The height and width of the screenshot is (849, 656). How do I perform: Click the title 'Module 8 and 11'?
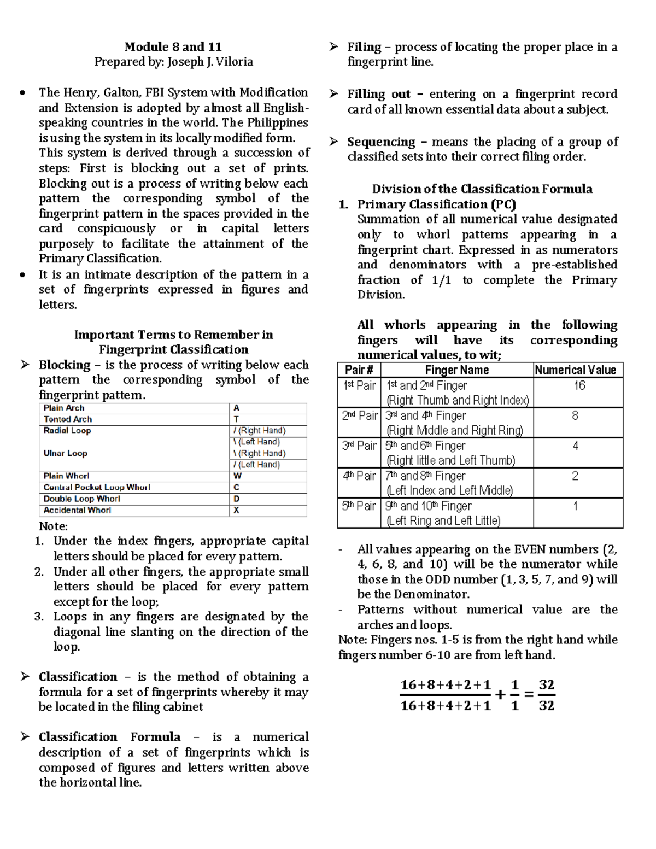click(x=173, y=46)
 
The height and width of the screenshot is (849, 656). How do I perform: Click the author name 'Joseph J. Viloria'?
click(x=210, y=62)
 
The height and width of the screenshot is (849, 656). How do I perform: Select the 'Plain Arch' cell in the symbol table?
click(x=64, y=408)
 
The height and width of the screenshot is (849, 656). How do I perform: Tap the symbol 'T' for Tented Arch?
click(x=236, y=419)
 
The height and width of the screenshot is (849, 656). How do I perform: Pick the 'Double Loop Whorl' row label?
click(x=81, y=499)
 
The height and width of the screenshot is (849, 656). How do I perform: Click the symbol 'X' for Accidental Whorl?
click(x=237, y=510)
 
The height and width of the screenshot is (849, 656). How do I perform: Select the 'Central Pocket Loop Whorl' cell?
click(x=97, y=487)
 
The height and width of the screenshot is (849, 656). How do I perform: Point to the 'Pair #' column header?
click(x=359, y=370)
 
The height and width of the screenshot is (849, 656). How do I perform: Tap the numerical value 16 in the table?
click(x=579, y=386)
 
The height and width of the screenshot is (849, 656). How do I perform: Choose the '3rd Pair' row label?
click(x=359, y=446)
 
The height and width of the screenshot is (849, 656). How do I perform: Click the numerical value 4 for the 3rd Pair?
click(x=575, y=446)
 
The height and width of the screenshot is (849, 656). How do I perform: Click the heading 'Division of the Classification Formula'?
click(x=482, y=189)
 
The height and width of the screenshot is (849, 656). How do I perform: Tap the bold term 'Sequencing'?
click(x=381, y=142)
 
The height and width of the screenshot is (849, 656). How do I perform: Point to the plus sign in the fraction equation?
click(x=500, y=695)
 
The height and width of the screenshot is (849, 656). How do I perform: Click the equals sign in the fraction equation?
click(x=529, y=695)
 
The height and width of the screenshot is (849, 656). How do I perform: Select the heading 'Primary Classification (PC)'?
click(x=436, y=204)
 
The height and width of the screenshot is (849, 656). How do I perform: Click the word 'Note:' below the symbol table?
click(x=53, y=526)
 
